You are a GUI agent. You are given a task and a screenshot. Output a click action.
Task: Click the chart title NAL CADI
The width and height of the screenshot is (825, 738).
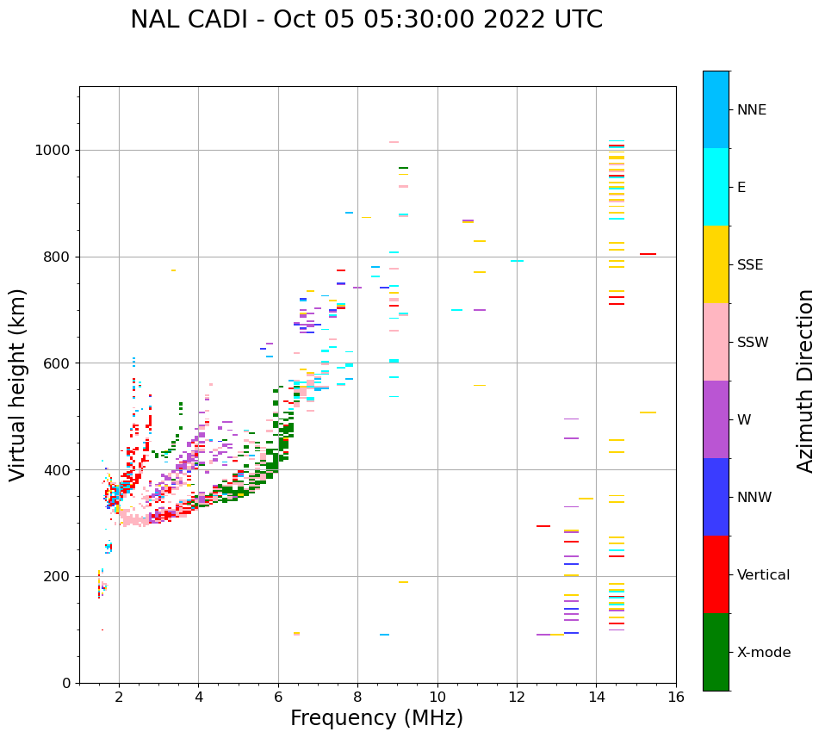(366, 20)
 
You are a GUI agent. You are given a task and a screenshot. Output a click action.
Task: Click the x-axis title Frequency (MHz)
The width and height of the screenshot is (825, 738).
(376, 718)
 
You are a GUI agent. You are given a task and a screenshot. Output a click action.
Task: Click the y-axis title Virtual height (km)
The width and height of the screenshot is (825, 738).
(18, 385)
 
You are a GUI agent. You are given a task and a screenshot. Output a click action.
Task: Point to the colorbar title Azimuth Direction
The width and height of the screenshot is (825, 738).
(805, 381)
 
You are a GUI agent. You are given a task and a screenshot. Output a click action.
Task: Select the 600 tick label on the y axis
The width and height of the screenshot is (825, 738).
(59, 363)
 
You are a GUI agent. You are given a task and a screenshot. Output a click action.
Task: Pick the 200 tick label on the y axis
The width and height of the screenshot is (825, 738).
(59, 576)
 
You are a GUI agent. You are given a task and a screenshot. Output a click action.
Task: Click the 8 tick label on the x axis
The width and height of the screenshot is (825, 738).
(357, 697)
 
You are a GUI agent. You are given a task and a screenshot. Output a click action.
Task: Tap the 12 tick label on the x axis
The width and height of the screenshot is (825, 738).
(517, 697)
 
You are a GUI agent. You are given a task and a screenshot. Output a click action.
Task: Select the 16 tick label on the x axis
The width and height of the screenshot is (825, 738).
(676, 697)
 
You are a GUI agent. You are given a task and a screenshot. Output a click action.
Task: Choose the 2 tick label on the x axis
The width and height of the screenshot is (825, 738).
(119, 697)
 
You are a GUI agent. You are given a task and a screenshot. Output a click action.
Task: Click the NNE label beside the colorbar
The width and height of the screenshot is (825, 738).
(751, 110)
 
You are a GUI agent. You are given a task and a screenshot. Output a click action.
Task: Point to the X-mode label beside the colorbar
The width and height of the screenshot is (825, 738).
(764, 653)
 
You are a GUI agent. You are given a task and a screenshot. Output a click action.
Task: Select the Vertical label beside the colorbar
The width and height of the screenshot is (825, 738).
(763, 575)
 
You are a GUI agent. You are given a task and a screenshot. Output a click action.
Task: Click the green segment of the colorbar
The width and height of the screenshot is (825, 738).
(716, 652)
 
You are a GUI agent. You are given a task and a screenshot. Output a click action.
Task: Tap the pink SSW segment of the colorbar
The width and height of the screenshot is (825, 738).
(716, 342)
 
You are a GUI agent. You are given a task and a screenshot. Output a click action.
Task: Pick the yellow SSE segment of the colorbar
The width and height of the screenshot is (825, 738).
(716, 264)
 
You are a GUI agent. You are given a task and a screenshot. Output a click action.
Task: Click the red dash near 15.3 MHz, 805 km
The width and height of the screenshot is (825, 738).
(648, 254)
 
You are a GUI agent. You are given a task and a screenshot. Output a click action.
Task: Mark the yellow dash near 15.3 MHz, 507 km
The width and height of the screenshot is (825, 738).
(648, 412)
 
